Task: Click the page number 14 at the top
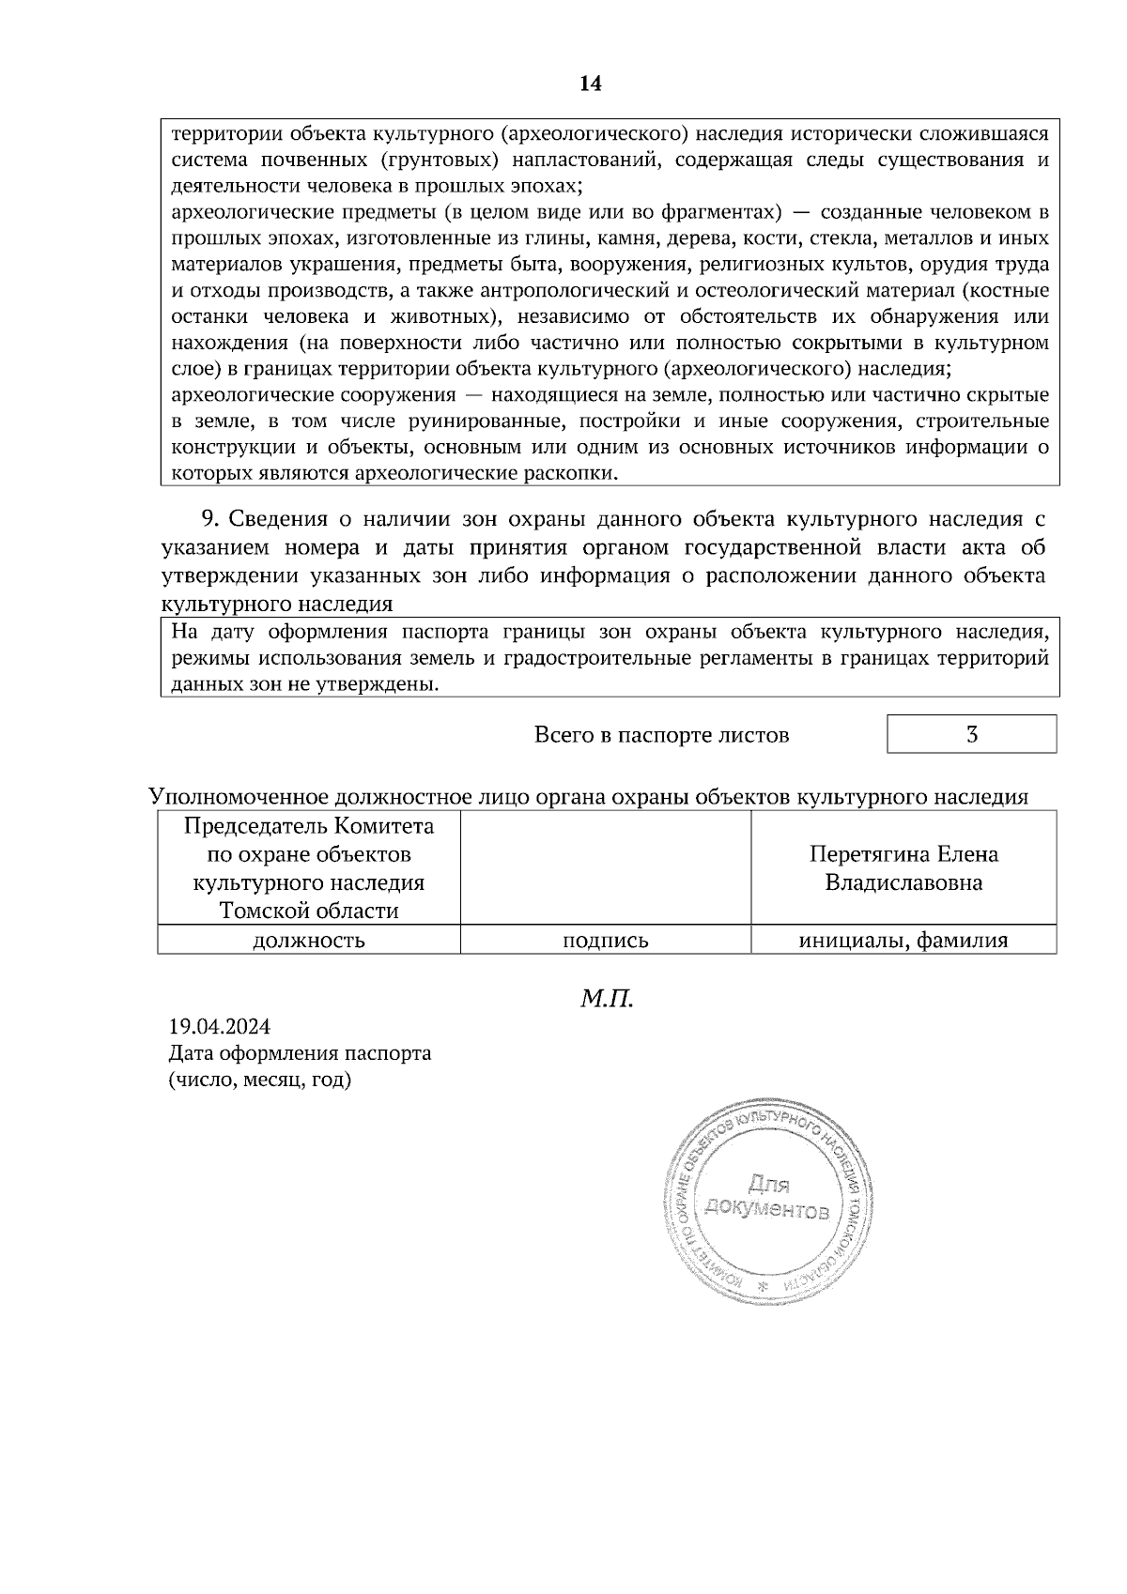click(590, 84)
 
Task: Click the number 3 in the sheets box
click(972, 734)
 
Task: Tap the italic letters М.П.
click(607, 997)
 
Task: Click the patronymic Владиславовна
click(903, 883)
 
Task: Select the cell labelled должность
click(309, 940)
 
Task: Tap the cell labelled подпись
click(605, 940)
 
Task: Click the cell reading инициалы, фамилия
click(903, 940)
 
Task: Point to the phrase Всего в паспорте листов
click(661, 734)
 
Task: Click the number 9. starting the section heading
click(211, 519)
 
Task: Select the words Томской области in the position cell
click(309, 911)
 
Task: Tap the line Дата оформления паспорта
click(300, 1052)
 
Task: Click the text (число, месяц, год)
click(259, 1080)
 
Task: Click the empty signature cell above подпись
click(605, 868)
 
